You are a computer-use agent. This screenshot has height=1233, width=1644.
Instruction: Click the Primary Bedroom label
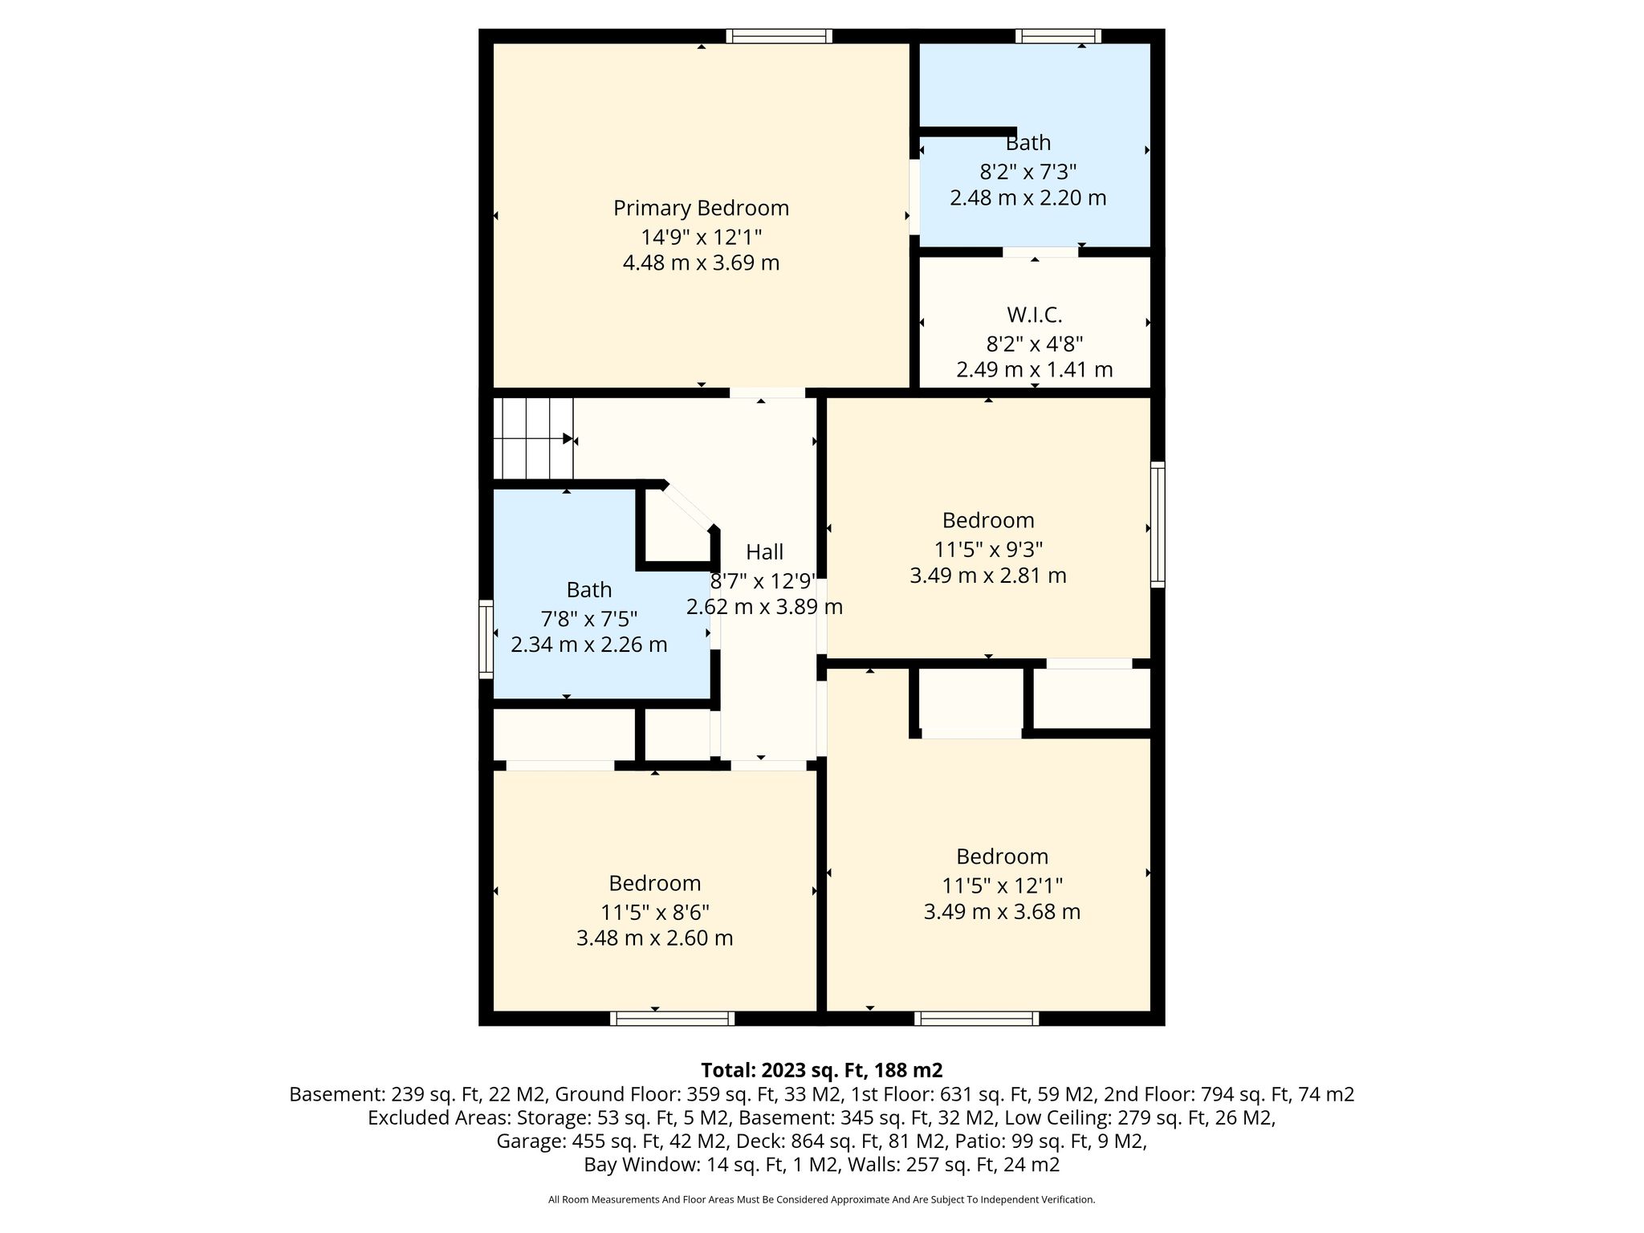coord(701,209)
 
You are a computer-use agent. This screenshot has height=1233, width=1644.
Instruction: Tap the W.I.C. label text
coord(1035,315)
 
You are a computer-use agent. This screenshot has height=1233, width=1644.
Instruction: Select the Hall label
coord(764,552)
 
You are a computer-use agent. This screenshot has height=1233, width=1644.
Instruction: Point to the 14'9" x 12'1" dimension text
coord(701,238)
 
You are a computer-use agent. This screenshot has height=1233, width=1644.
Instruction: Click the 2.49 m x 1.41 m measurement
coord(1035,370)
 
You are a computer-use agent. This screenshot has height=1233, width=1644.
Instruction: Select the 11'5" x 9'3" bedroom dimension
coord(988,550)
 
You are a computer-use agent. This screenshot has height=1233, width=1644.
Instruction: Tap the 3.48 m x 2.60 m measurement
coord(655,938)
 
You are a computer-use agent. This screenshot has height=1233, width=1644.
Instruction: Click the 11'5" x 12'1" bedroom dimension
coord(1002,886)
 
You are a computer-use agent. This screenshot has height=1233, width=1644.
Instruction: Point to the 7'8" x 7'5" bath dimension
coord(589,620)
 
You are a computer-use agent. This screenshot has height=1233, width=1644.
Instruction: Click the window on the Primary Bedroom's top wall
coord(779,36)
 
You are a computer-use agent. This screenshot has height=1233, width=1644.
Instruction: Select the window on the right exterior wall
coord(1158,524)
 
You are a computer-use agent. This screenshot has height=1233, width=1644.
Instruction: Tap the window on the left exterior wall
coord(486,639)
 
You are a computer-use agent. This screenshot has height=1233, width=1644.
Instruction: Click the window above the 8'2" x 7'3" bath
coord(1058,36)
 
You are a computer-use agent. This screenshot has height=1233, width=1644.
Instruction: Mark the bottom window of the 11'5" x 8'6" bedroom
coord(672,1019)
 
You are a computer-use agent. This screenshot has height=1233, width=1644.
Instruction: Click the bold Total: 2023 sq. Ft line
coord(822,1070)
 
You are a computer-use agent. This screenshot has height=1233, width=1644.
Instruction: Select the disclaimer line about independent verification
coord(822,1199)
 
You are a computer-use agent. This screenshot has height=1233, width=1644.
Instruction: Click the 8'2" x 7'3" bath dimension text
coord(1028,172)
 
